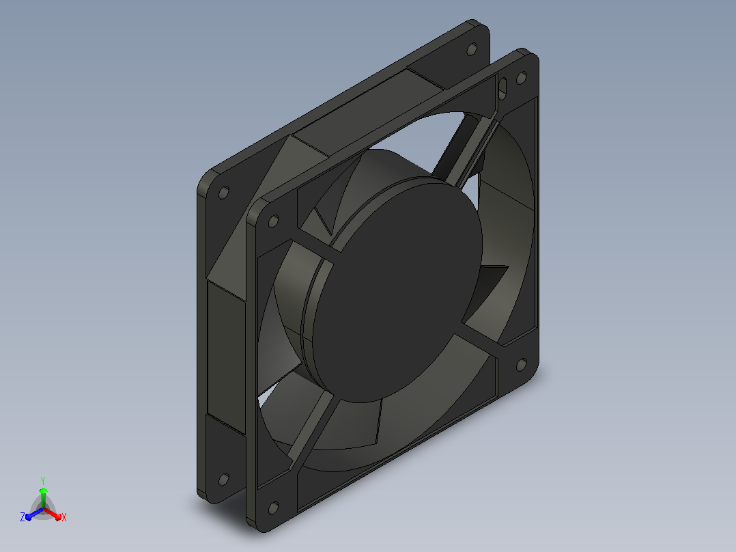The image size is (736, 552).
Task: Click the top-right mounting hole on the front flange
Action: [x=521, y=77]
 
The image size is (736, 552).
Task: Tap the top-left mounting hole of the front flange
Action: [x=273, y=221]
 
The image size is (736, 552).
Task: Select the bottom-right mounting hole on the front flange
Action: [x=522, y=365]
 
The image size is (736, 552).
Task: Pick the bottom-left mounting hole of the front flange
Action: [x=273, y=508]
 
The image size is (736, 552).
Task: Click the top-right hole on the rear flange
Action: [x=472, y=49]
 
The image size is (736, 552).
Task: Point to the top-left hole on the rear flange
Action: [x=224, y=193]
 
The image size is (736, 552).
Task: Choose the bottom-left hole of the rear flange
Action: [x=224, y=480]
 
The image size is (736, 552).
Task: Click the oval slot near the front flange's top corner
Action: [x=502, y=88]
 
